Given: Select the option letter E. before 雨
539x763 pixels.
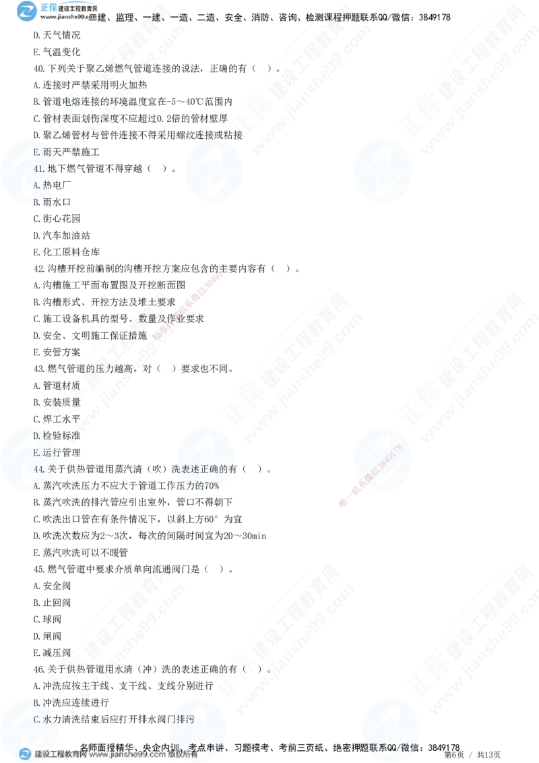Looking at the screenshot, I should pyautogui.click(x=38, y=152).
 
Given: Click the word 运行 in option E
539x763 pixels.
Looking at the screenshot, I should pyautogui.click(x=51, y=453).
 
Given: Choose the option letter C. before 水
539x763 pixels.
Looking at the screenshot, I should pyautogui.click(x=38, y=719).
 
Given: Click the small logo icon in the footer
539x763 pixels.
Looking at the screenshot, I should pyautogui.click(x=26, y=754).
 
